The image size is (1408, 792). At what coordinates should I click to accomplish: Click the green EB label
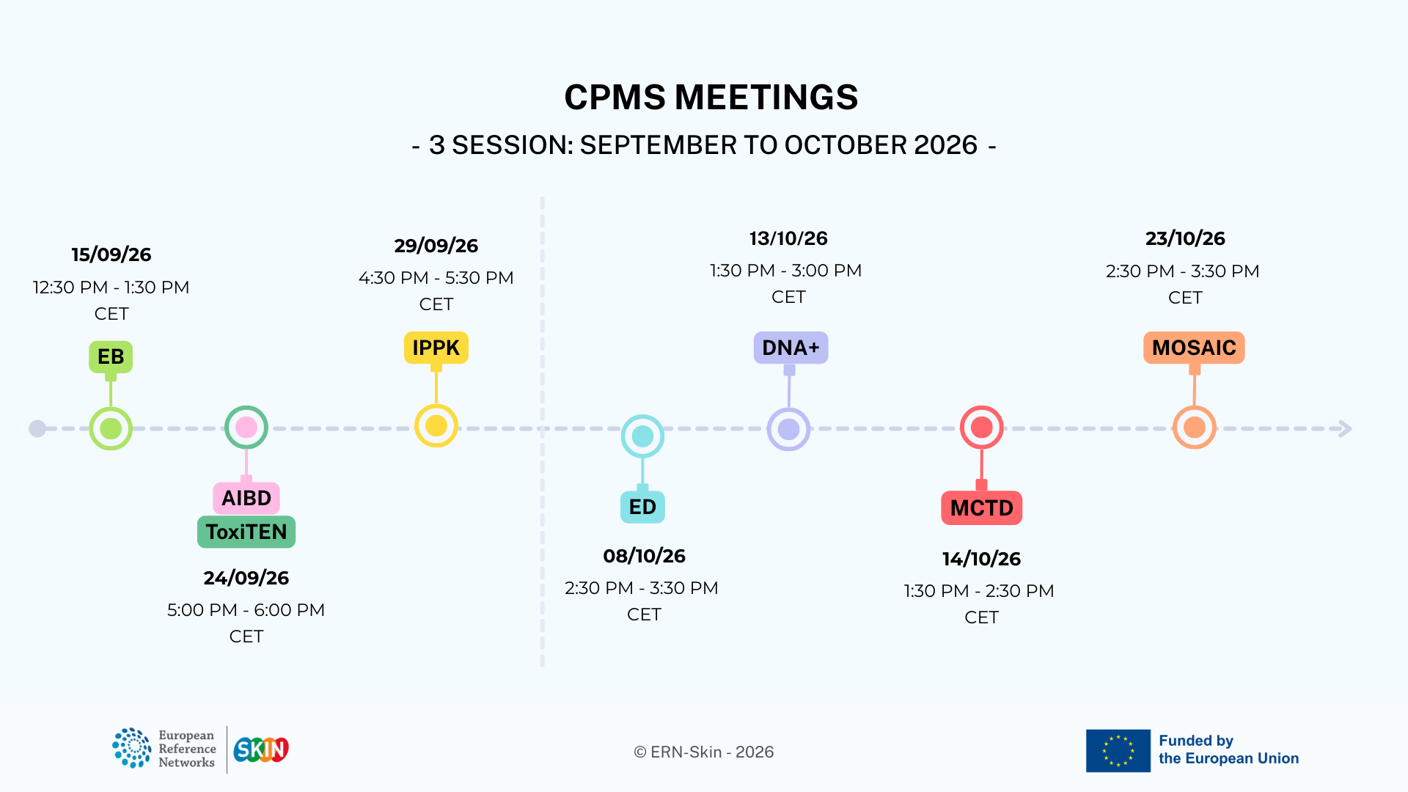pyautogui.click(x=111, y=357)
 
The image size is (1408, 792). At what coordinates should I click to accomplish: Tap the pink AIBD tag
pyautogui.click(x=246, y=498)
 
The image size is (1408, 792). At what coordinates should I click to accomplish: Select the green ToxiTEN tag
pyautogui.click(x=246, y=532)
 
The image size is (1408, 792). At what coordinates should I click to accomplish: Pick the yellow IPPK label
pyautogui.click(x=436, y=348)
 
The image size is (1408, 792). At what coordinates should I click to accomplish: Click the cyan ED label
pyautogui.click(x=642, y=507)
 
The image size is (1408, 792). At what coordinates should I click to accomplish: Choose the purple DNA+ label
pyautogui.click(x=791, y=348)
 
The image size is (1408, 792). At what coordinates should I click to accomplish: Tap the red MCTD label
pyautogui.click(x=982, y=507)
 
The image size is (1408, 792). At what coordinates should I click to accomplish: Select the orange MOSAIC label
pyautogui.click(x=1194, y=348)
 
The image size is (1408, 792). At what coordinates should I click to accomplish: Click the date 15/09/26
pyautogui.click(x=111, y=254)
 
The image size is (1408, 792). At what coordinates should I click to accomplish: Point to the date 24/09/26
pyautogui.click(x=246, y=578)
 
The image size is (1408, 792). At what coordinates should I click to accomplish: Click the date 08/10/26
pyautogui.click(x=645, y=556)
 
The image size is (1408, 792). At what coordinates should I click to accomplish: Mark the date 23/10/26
pyautogui.click(x=1186, y=238)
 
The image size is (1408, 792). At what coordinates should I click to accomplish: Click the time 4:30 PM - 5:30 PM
pyautogui.click(x=436, y=278)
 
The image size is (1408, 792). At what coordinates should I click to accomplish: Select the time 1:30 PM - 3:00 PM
pyautogui.click(x=786, y=271)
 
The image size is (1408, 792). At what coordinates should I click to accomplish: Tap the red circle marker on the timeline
pyautogui.click(x=982, y=427)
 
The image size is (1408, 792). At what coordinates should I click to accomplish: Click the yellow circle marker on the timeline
pyautogui.click(x=436, y=426)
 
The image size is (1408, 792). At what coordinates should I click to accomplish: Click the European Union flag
pyautogui.click(x=1118, y=751)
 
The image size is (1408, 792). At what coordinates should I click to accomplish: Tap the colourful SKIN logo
pyautogui.click(x=261, y=749)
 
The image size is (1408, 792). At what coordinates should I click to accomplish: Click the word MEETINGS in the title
pyautogui.click(x=766, y=98)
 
